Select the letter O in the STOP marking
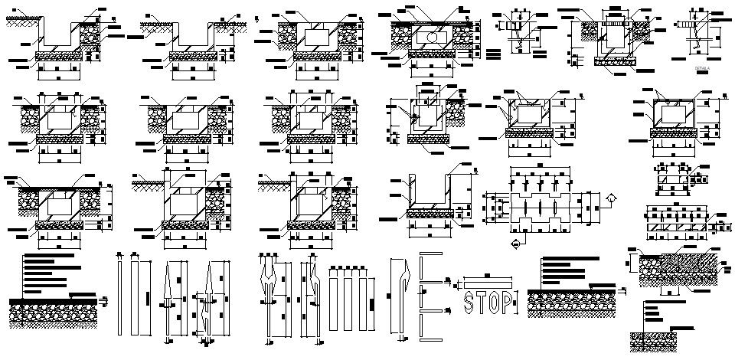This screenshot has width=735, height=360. [x=497, y=302]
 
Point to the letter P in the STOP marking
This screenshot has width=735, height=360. [x=511, y=302]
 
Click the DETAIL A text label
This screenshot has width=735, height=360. [x=702, y=68]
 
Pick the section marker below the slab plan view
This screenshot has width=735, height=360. [x=515, y=244]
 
